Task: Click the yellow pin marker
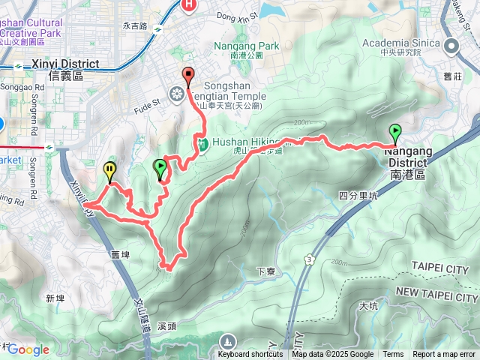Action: [109, 171]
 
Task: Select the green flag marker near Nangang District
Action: [395, 133]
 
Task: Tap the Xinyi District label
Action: [67, 64]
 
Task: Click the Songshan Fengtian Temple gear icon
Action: [177, 94]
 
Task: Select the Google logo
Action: [28, 349]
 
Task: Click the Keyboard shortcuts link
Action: [250, 354]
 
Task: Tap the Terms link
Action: [393, 354]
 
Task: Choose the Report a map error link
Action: [445, 354]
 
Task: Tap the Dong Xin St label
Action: [236, 14]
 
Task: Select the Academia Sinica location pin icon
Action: [452, 46]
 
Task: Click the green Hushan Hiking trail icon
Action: [202, 143]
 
